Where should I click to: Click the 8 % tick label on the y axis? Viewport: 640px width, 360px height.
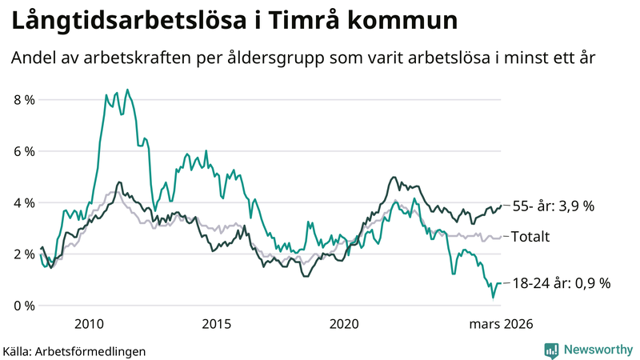tap(24, 100)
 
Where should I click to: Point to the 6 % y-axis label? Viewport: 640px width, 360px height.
tap(24, 151)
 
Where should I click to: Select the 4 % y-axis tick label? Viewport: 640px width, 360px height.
tap(24, 202)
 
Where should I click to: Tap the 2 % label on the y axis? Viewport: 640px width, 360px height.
tap(24, 254)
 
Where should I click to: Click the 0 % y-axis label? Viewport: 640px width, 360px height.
tap(24, 306)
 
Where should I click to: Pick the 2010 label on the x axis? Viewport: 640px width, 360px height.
tap(89, 324)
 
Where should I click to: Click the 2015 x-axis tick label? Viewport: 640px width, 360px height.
tap(216, 324)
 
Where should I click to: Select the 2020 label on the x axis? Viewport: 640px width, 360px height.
tap(344, 324)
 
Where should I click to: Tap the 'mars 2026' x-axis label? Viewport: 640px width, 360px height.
tap(501, 324)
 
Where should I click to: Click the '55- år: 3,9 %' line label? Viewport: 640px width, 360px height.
tap(554, 206)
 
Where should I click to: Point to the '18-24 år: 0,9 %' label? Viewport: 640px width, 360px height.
tap(562, 283)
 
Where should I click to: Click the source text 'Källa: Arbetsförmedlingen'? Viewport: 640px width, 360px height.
tap(74, 350)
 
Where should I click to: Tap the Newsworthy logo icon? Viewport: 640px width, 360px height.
tap(551, 350)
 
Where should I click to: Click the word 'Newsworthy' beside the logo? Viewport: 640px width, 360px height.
tap(598, 350)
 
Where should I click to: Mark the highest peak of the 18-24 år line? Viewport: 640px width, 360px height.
tap(127, 90)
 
